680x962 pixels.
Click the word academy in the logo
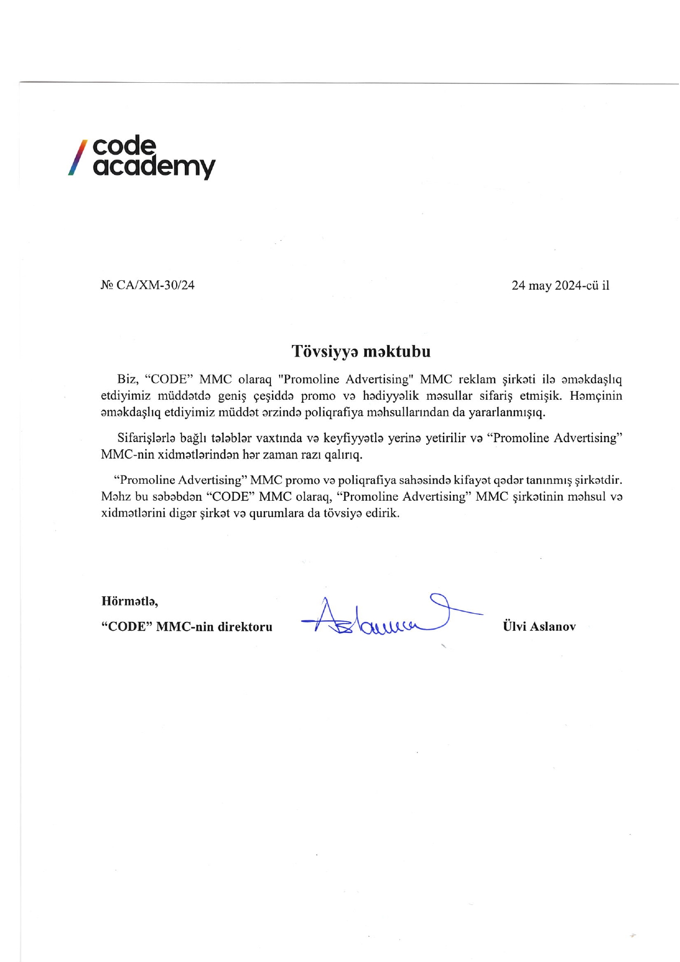tap(154, 166)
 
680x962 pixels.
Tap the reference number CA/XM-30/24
tap(156, 285)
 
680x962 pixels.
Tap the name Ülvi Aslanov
tap(539, 626)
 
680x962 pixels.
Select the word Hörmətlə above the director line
tap(129, 601)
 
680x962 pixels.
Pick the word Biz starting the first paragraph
tap(127, 380)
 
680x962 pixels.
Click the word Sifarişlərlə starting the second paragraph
tap(146, 438)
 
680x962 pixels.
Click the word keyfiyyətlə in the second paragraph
tap(353, 438)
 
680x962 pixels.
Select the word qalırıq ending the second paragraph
tap(343, 455)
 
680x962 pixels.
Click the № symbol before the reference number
tap(107, 285)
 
